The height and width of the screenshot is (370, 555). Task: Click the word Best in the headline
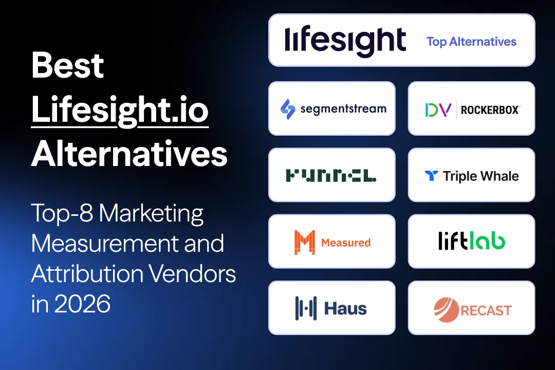68,66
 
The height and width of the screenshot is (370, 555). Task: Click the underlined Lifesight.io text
120,110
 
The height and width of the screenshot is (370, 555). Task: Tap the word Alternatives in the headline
129,154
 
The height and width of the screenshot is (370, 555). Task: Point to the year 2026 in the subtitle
83,304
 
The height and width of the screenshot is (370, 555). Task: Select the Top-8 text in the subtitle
62,213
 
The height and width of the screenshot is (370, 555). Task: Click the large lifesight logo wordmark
345,41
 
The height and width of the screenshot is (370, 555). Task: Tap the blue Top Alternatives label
471,42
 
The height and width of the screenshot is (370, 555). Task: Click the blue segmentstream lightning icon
288,109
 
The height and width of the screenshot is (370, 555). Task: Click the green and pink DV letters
438,109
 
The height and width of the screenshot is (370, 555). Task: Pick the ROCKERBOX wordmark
490,110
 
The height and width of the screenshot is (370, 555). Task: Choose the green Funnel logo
331,176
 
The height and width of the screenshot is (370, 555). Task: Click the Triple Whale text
480,176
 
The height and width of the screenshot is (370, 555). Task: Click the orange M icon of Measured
304,242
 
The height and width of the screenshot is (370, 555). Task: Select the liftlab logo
471,242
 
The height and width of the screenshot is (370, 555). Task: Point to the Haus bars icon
306,308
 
